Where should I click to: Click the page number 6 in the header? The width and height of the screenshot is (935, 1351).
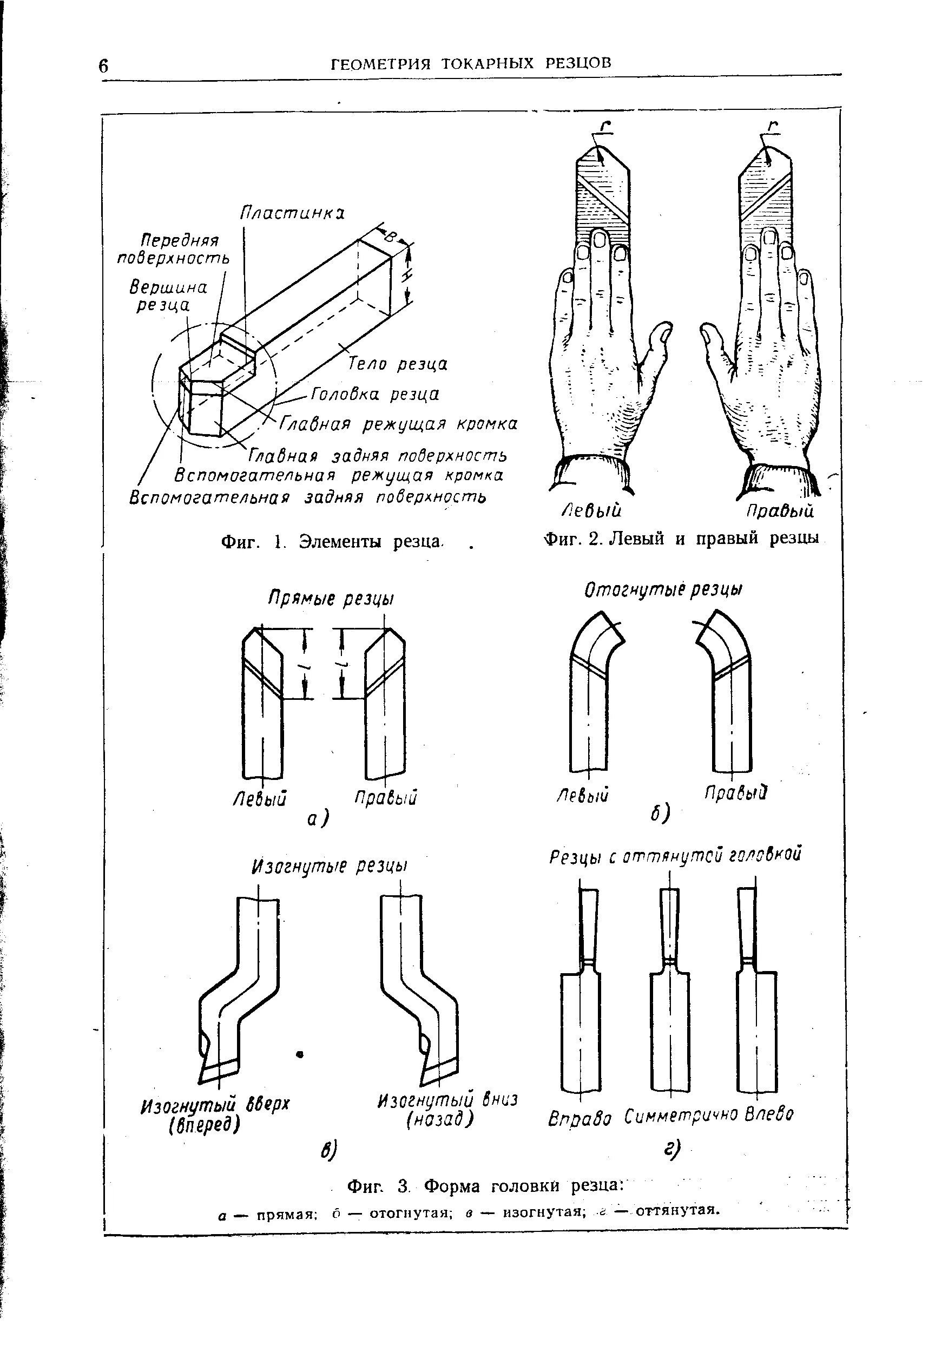click(x=104, y=66)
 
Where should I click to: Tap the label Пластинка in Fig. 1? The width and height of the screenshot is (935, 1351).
click(x=292, y=213)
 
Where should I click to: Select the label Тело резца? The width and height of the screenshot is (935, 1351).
click(x=398, y=364)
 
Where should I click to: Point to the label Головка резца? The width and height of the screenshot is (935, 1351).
click(x=374, y=394)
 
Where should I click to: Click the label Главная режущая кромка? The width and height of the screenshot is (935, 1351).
click(x=398, y=424)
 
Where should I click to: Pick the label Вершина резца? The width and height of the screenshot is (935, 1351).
click(x=168, y=297)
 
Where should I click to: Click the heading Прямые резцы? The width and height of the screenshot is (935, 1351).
click(x=332, y=599)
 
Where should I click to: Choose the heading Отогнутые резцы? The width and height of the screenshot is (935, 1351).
click(x=664, y=590)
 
